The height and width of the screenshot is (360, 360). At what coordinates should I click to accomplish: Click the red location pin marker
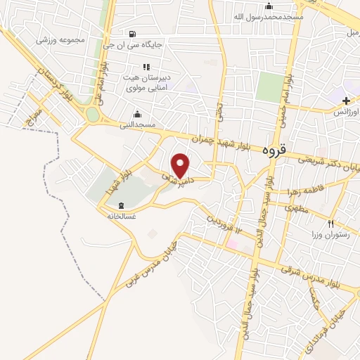click(x=181, y=165)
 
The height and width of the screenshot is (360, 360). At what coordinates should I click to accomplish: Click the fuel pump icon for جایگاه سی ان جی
click(x=133, y=34)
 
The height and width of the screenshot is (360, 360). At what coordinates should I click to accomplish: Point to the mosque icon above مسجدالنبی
click(x=136, y=114)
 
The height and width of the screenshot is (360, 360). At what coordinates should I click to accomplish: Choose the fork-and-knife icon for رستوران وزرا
click(x=321, y=223)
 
